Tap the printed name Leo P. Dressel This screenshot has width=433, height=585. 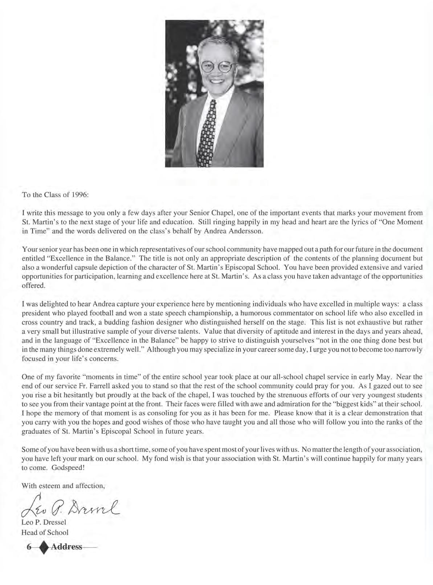click(x=44, y=523)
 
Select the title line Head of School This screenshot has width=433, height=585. click(x=45, y=532)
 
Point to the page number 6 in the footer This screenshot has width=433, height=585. click(x=29, y=547)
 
